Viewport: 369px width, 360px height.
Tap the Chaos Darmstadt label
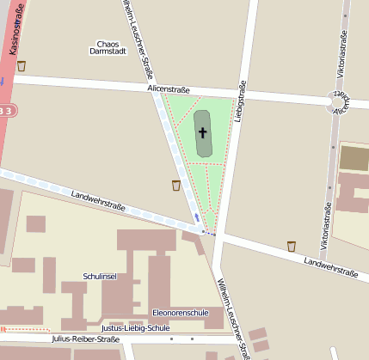tap(108, 47)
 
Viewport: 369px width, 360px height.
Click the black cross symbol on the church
tap(203, 132)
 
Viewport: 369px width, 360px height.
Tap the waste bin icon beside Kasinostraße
tap(22, 65)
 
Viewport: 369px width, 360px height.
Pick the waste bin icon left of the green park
tap(176, 185)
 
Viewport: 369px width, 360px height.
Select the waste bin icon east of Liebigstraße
tap(292, 247)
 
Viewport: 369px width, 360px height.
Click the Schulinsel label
tap(100, 276)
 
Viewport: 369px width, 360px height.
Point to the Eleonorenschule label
tap(180, 312)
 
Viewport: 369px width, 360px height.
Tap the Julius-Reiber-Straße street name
tap(85, 339)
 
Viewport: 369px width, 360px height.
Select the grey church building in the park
tap(203, 134)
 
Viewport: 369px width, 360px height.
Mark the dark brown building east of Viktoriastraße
tap(354, 157)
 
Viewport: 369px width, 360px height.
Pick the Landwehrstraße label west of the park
tap(99, 201)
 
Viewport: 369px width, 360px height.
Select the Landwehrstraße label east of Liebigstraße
tap(331, 267)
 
